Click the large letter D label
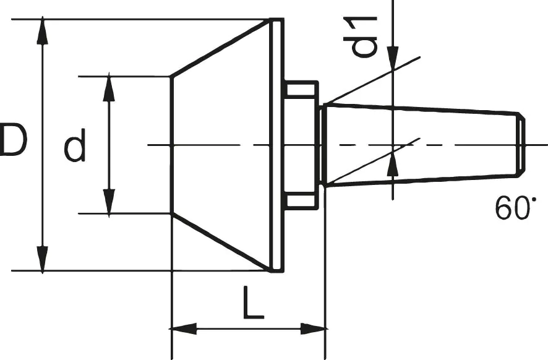pos(14,140)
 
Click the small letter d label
pos(75,147)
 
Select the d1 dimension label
pos(365,36)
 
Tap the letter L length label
pos(252,303)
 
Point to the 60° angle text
pos(513,209)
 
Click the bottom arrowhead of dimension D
pos(42,259)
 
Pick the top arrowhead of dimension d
pos(109,87)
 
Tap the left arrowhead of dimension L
pos(182,328)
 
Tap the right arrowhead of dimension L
pos(314,328)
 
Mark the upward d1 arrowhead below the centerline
pos(393,166)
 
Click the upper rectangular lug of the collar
pos(301,90)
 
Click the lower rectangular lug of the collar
pos(301,202)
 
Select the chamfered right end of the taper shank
pos(521,145)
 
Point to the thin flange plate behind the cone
pos(278,145)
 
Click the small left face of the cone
pos(171,145)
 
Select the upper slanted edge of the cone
pos(220,49)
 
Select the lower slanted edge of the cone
pos(220,242)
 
